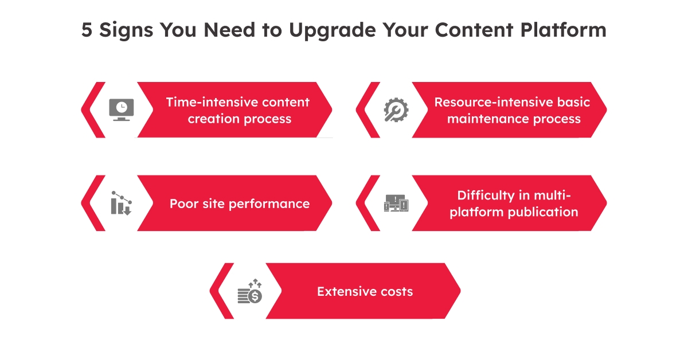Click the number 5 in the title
(x=87, y=30)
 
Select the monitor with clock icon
(x=121, y=109)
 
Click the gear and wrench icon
(x=396, y=109)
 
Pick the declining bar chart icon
(x=121, y=203)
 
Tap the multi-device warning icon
(x=396, y=203)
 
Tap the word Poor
(x=183, y=204)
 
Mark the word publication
(x=544, y=212)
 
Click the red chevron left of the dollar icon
(x=221, y=291)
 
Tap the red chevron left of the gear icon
(x=367, y=109)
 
